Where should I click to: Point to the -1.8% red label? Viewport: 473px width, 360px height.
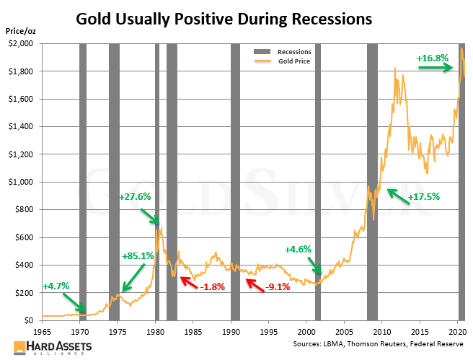coord(212,286)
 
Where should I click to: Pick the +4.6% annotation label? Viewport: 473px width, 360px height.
coord(298,250)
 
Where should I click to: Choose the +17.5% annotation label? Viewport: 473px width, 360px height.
coord(424,196)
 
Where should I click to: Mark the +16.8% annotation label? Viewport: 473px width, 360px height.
coord(433,58)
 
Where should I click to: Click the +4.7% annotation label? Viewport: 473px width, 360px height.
coord(56,286)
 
